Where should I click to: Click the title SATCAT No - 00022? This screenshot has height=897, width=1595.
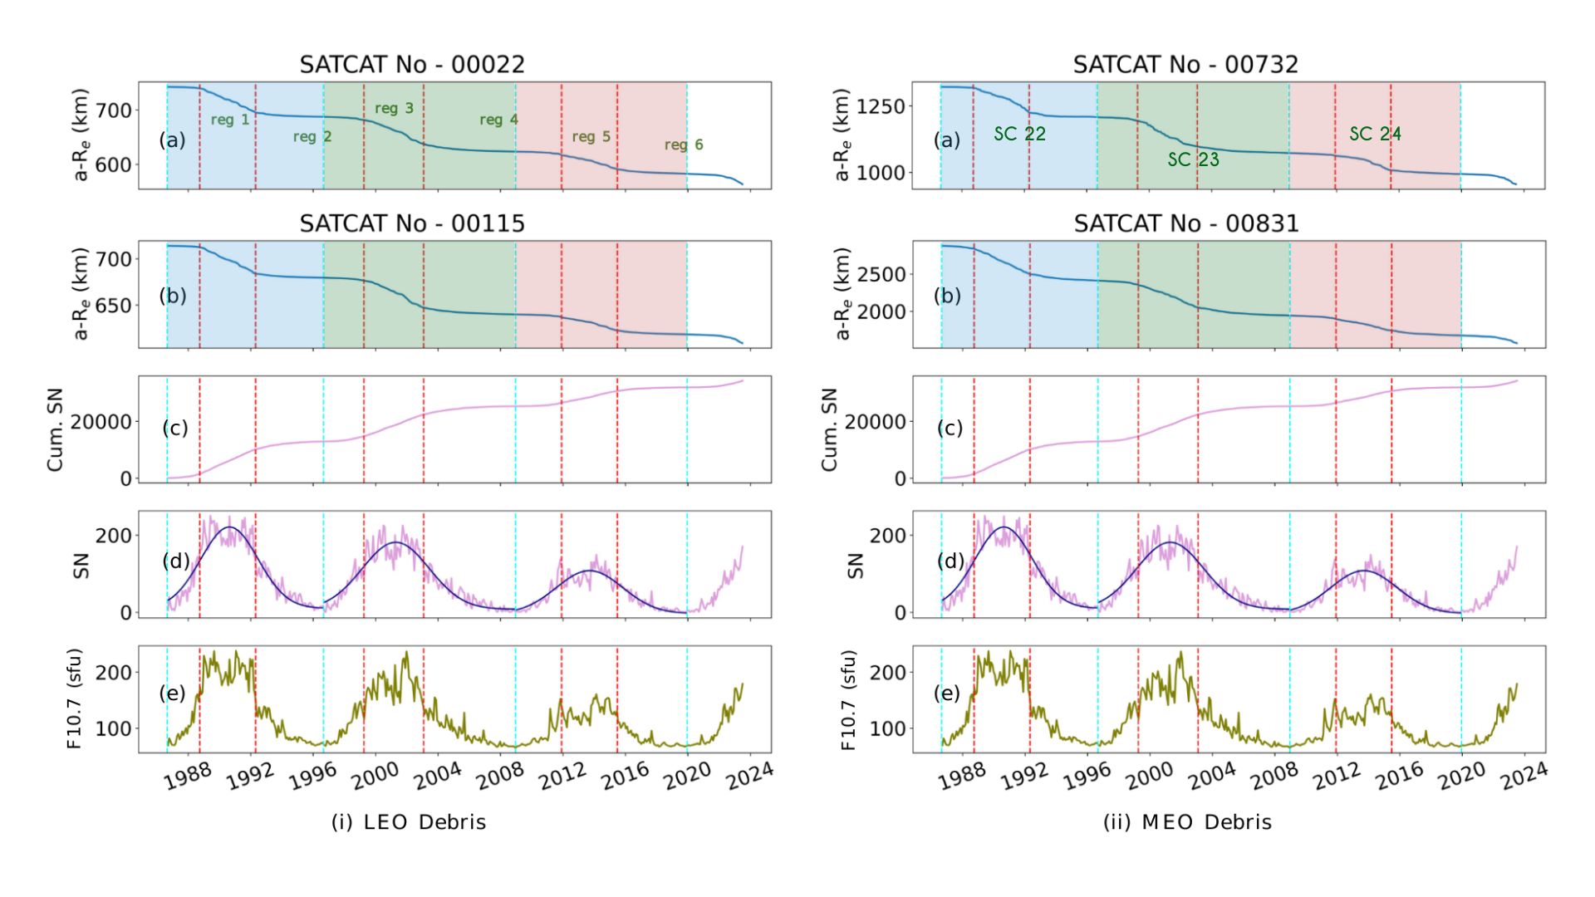412,65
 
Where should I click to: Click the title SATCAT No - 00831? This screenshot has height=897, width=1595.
1185,223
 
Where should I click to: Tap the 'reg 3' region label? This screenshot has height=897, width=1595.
394,108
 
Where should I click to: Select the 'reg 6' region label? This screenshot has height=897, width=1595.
683,145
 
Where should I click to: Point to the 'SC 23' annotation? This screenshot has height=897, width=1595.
1193,159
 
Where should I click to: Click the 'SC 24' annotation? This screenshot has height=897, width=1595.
1375,134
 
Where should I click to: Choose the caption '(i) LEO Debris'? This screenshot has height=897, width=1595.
409,822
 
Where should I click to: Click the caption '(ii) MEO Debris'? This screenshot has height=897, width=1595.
1187,822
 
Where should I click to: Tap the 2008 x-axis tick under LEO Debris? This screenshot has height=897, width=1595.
500,775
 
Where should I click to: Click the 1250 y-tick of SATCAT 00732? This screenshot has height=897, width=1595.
881,106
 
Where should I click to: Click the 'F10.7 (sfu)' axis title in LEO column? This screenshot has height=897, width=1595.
75,699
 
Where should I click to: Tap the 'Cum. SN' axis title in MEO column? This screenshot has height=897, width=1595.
829,429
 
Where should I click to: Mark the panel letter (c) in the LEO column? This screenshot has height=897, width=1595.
174,428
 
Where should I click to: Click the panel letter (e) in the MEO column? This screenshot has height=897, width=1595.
947,693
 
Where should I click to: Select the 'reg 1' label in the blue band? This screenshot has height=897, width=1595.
229,120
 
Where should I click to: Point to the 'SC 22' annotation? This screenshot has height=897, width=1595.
1019,134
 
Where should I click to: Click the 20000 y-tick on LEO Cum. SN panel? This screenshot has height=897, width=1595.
101,422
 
